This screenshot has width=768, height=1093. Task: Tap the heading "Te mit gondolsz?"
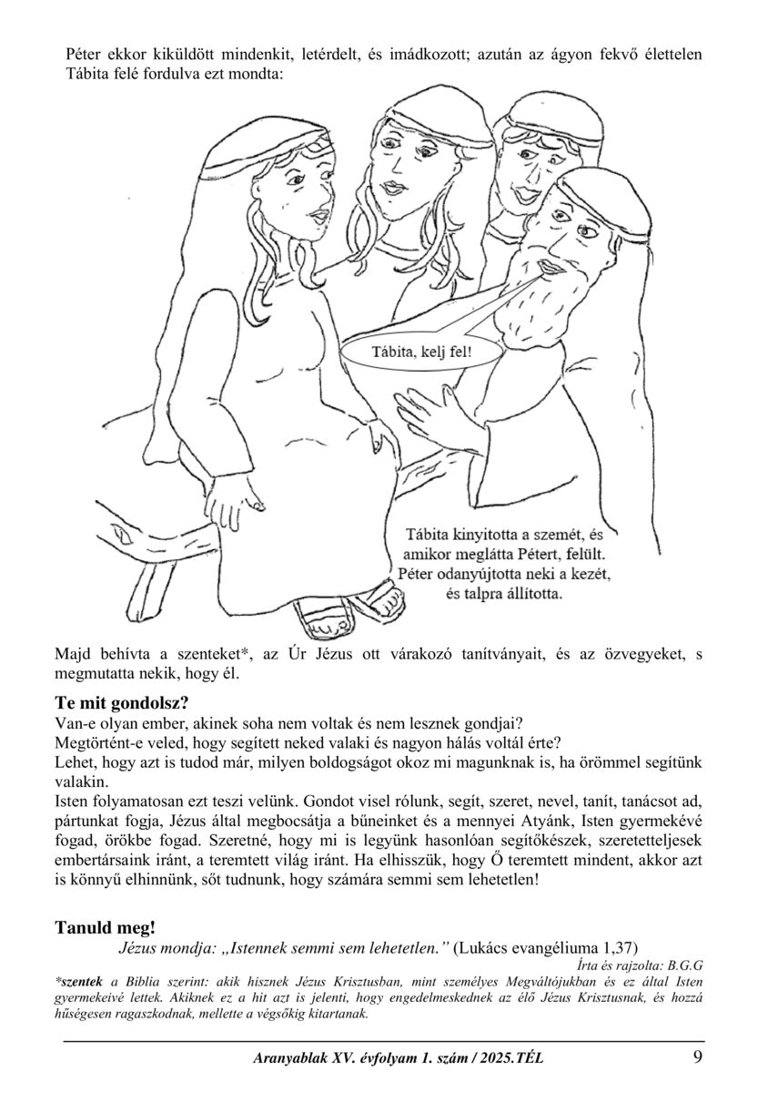pyautogui.click(x=123, y=703)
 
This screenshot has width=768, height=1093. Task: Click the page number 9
pyautogui.click(x=697, y=1057)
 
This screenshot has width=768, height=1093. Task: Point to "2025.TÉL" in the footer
pyautogui.click(x=510, y=1058)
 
